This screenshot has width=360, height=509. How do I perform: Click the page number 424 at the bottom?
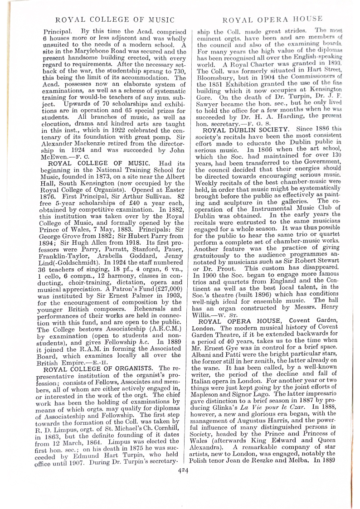[x=183, y=470]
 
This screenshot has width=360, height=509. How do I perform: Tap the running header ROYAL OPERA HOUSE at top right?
[x=273, y=19]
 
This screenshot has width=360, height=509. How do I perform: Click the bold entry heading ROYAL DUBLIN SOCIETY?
[x=246, y=129]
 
